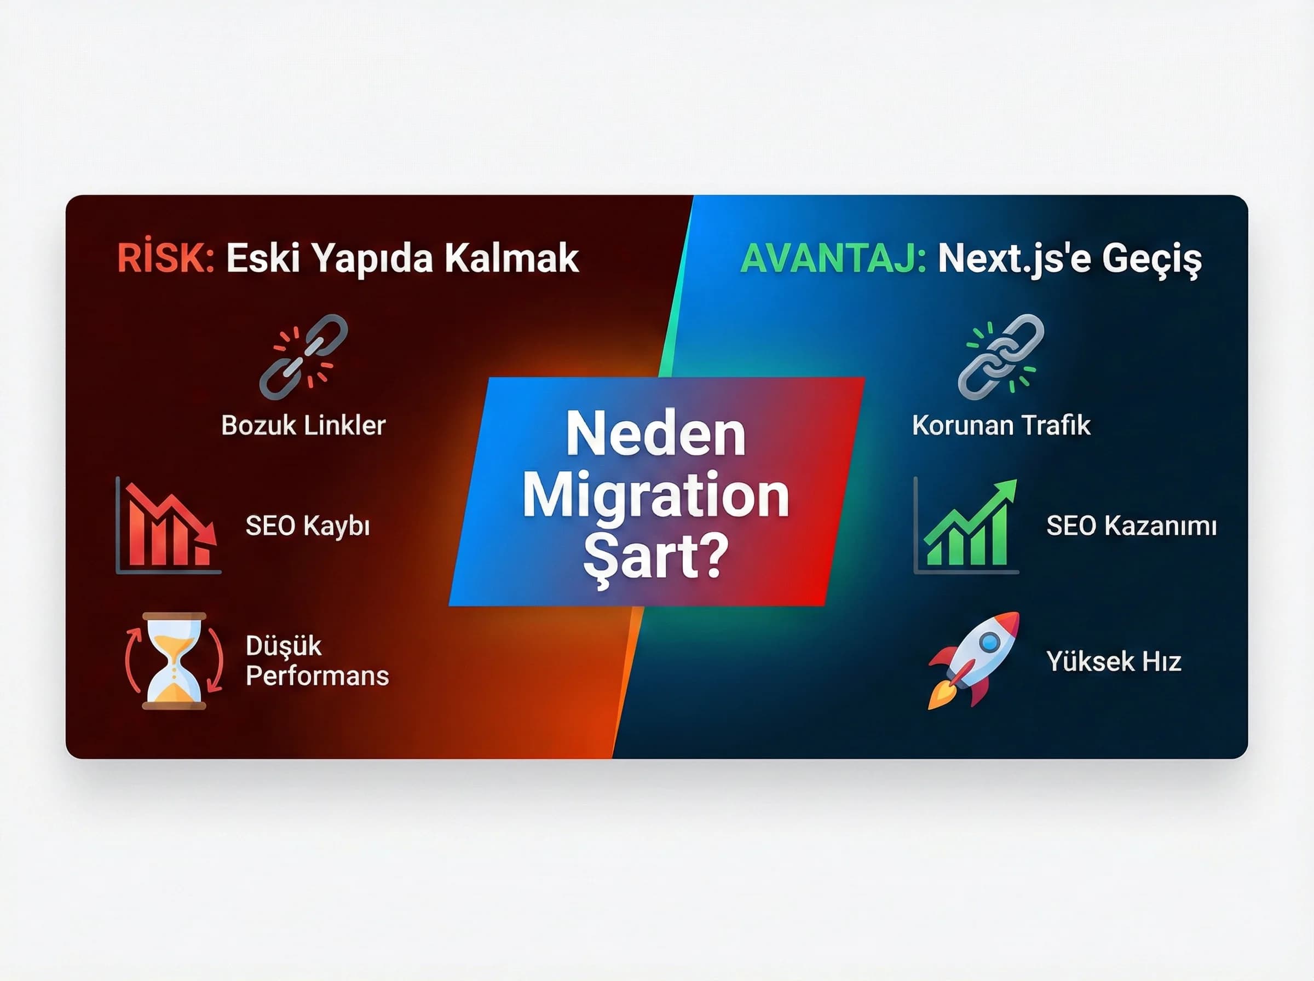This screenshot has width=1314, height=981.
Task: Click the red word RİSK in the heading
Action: point(165,259)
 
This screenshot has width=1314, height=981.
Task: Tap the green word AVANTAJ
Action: point(832,259)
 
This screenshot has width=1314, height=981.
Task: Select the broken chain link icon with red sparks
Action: point(303,357)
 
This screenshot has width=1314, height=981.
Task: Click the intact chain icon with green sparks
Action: point(1001,357)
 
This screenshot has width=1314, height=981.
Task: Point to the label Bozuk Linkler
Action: point(303,425)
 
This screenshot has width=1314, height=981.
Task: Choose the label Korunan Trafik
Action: point(1001,425)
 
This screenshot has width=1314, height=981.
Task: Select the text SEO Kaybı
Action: point(308,526)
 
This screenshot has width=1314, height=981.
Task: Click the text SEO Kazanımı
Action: point(1131,526)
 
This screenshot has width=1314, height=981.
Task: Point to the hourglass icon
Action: point(174,661)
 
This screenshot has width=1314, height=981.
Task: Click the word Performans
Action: point(317,676)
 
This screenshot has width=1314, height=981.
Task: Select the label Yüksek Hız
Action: point(1113,661)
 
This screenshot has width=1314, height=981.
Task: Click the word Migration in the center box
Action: point(656,497)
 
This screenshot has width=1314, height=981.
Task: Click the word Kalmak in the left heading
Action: point(511,259)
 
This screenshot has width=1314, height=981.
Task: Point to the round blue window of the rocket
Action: point(989,642)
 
